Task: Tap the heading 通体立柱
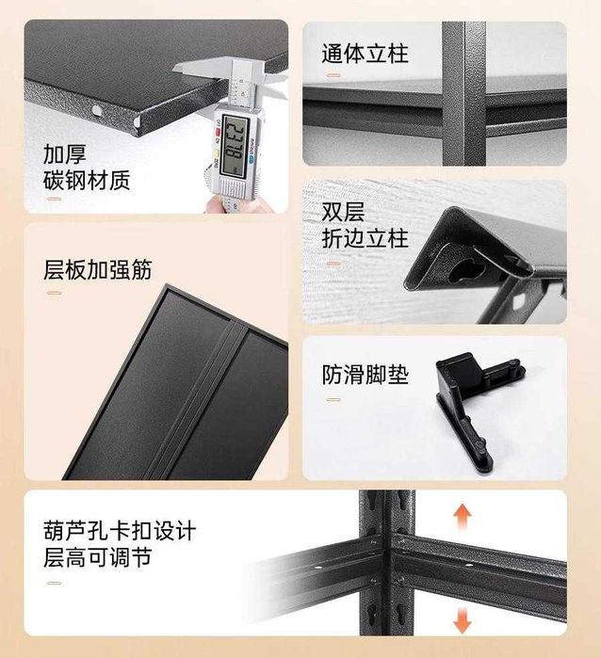(x=365, y=54)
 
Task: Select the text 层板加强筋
(x=97, y=269)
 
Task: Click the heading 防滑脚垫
(x=365, y=375)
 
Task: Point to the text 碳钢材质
(x=87, y=181)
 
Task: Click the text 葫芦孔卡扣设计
(x=120, y=531)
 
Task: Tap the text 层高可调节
(x=97, y=557)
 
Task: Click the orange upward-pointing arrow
(x=462, y=516)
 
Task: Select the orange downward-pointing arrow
(x=462, y=621)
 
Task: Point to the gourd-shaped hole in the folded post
(x=466, y=269)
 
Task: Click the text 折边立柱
(x=365, y=238)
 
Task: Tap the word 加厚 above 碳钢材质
(x=65, y=154)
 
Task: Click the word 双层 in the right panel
(x=343, y=212)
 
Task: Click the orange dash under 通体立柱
(x=333, y=76)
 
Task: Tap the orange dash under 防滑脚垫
(x=333, y=400)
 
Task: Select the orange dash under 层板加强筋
(x=55, y=293)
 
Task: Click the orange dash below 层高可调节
(x=55, y=583)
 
